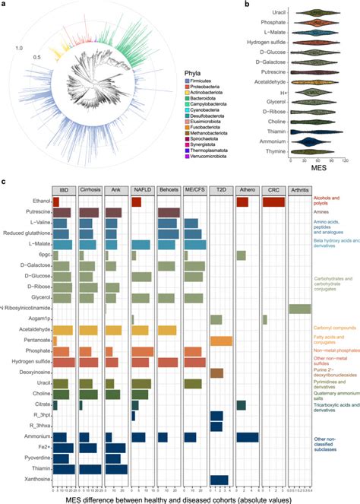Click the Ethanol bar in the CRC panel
coord(273,201)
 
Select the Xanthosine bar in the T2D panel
coord(219,478)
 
